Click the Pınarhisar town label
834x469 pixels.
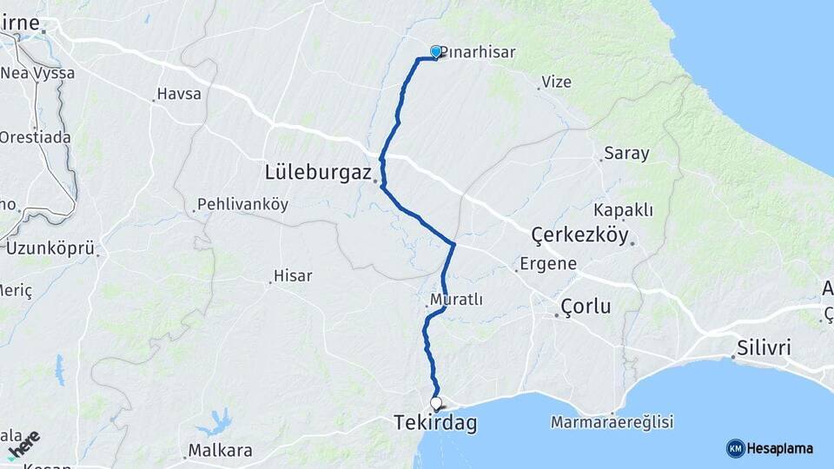point(478,52)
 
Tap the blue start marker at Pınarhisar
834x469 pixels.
point(436,52)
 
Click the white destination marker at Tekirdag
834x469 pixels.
point(436,403)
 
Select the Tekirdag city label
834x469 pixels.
point(435,423)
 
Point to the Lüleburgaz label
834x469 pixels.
point(318,172)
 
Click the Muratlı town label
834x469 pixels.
point(456,300)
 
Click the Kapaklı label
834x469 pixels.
point(623,210)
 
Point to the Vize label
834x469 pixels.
point(556,82)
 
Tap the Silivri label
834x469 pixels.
point(764,348)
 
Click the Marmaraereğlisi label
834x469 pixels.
point(612,423)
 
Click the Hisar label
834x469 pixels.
point(293,275)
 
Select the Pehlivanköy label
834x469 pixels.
point(243,205)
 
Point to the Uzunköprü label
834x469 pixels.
point(50,248)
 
